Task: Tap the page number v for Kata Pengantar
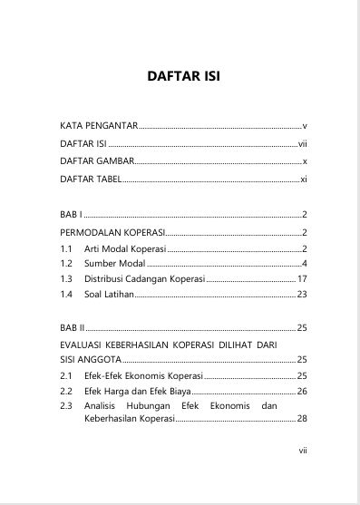(306, 125)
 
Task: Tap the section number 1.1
(65, 248)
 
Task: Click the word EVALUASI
(85, 345)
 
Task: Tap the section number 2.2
(65, 391)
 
